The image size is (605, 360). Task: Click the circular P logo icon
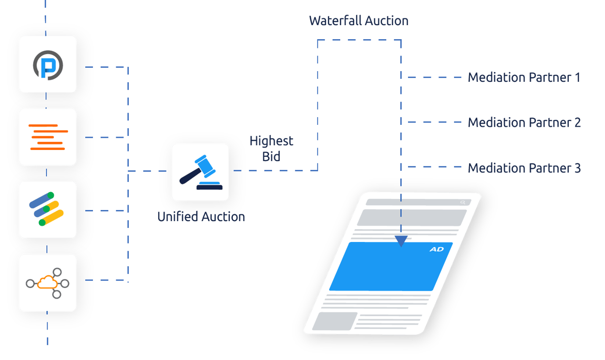pos(47,64)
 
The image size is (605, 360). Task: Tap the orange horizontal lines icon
pos(48,137)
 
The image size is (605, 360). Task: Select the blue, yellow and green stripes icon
pos(47,210)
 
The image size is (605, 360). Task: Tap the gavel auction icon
pos(200,172)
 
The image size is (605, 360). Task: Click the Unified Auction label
pos(201,216)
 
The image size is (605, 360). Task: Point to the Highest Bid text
pos(272,149)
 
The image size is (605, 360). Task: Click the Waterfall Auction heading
pos(359,21)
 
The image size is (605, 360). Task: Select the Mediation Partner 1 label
pos(524,77)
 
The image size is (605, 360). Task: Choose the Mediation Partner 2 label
pos(524,122)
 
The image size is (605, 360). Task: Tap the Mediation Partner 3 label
pos(524,168)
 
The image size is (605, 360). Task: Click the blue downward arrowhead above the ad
pos(401,241)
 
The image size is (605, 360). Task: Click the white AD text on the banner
pos(437,250)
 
